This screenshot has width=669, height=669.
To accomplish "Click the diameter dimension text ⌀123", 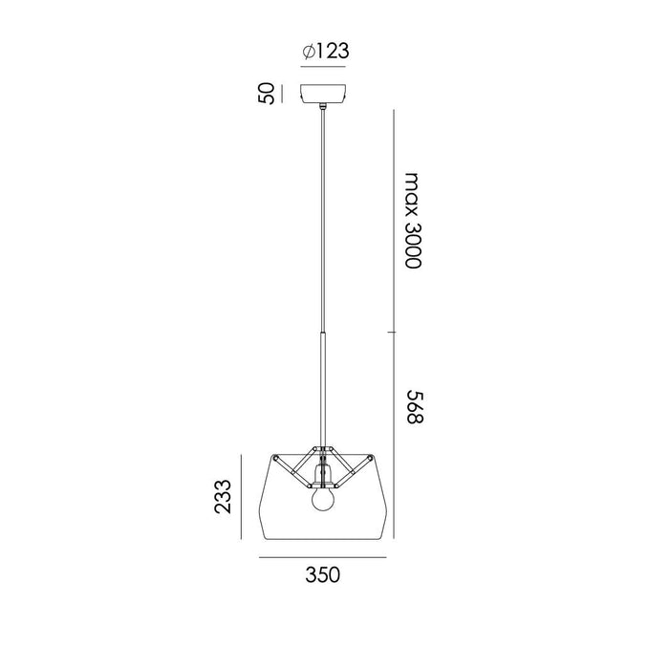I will click(324, 53).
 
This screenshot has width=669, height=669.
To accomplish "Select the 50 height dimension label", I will click(268, 94).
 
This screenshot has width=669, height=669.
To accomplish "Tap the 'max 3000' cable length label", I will click(412, 221).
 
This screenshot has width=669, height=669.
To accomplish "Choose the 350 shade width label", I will click(324, 574).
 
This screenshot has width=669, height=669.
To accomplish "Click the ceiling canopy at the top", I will click(324, 95).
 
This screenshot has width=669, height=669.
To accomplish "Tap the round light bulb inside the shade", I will click(324, 501).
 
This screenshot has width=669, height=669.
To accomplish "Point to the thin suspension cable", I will click(324, 220).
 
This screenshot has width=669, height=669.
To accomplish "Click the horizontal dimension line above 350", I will click(324, 556).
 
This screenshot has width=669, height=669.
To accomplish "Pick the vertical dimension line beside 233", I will click(243, 498).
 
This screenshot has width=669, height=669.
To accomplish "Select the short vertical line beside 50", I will click(284, 94).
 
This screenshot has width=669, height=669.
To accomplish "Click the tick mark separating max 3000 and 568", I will click(392, 332).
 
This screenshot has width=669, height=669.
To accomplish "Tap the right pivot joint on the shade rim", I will click(372, 459).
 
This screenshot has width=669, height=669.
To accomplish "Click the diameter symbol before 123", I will click(308, 53).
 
